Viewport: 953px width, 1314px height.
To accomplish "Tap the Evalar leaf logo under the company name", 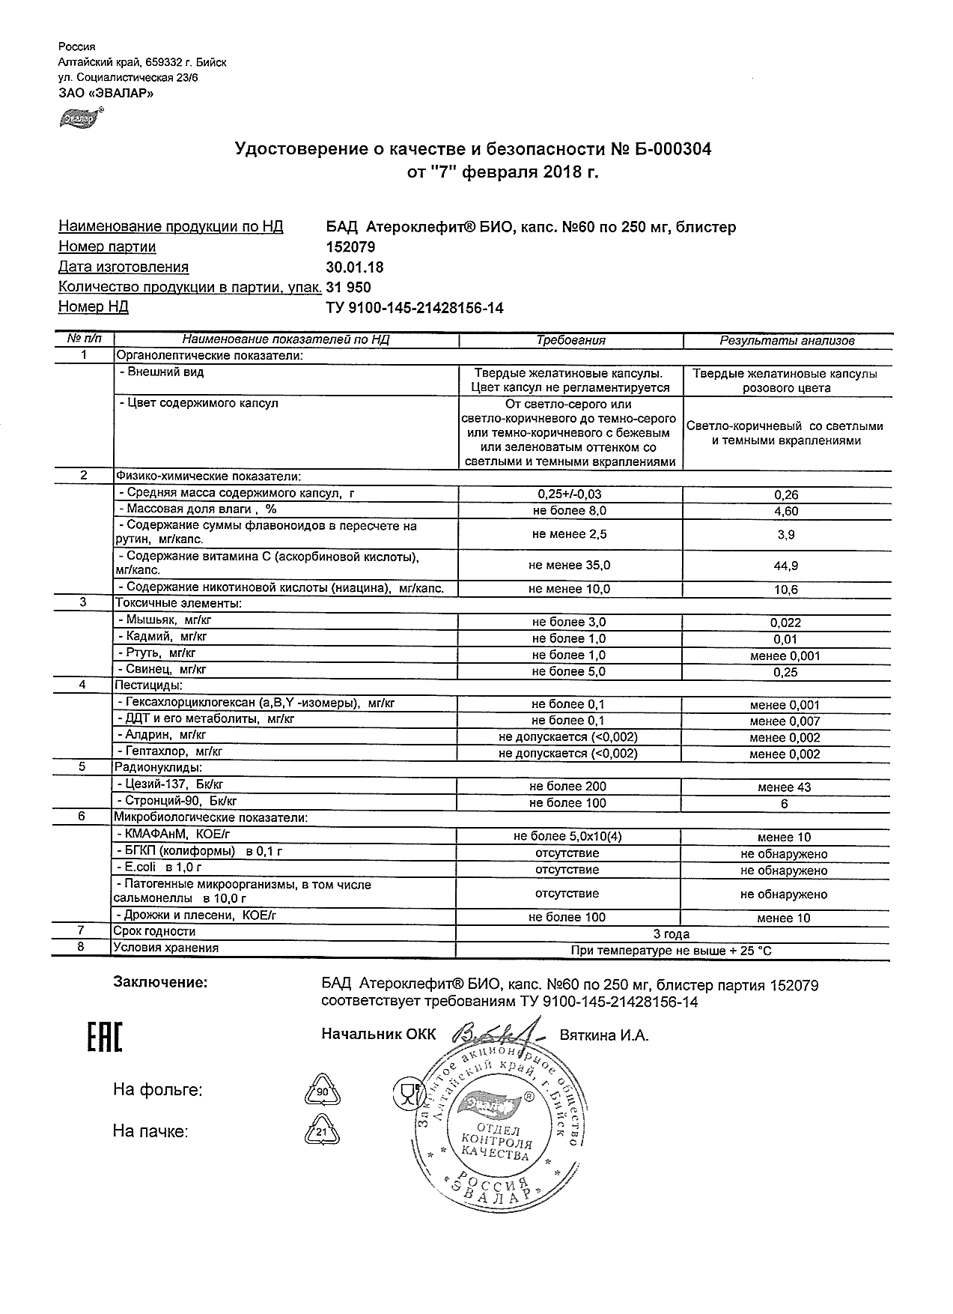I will coord(80,118).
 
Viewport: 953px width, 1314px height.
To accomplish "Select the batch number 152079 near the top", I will coord(350,247).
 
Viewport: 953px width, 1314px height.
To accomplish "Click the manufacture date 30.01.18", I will coord(355,267).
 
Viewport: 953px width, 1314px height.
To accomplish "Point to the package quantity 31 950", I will coord(348,288).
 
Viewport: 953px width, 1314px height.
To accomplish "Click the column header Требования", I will coord(570,340).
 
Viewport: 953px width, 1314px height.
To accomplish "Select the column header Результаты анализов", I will coord(787,341).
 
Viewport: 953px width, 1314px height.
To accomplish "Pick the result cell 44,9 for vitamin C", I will coord(785,566).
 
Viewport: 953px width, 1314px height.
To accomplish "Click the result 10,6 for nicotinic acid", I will coord(785,590).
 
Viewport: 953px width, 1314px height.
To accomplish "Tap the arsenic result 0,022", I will coord(785,623).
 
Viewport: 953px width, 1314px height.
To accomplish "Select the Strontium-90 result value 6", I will coord(785,804).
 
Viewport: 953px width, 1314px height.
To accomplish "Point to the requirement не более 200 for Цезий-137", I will coord(567,787).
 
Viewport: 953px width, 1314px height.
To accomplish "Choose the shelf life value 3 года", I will coord(672,934).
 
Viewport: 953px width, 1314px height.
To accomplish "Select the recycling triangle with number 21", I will coord(322,1132).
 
